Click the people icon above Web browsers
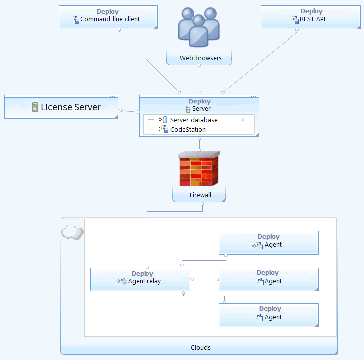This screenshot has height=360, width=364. [199, 27]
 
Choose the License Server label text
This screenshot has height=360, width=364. [71, 107]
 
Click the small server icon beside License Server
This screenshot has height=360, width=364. [35, 107]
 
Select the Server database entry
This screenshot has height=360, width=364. [193, 120]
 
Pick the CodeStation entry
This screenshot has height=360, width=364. [187, 129]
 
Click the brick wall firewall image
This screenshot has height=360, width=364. [199, 169]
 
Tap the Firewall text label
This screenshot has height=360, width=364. [200, 195]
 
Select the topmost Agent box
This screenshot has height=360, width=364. [269, 242]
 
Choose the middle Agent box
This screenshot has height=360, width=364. [269, 279]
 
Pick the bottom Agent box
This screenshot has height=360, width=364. [269, 315]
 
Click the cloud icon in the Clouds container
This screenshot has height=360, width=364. [72, 232]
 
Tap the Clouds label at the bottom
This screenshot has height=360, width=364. [201, 347]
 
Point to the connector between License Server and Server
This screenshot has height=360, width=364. [129, 111]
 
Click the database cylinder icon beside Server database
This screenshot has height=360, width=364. [165, 120]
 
